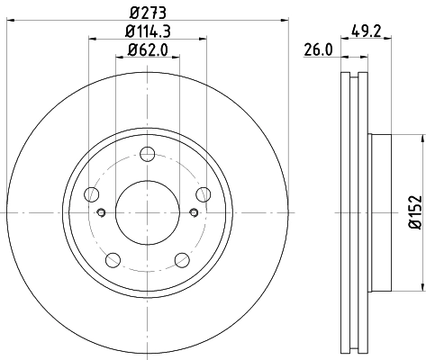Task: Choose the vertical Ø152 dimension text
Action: click(x=415, y=212)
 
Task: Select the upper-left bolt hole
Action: click(x=93, y=193)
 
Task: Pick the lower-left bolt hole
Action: click(x=113, y=259)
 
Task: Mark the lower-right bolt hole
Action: click(x=184, y=259)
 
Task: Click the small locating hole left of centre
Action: click(x=101, y=213)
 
